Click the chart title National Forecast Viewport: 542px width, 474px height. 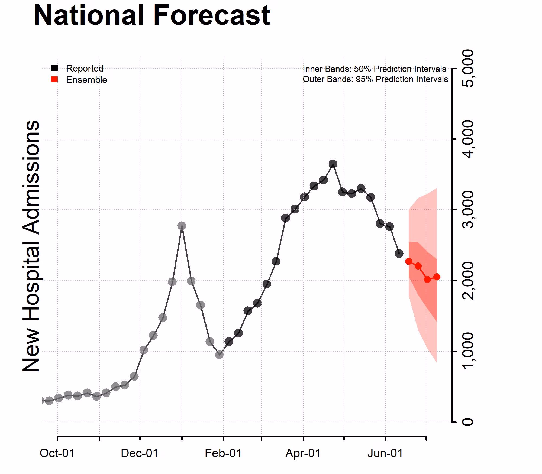click(152, 15)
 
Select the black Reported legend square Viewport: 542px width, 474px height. click(54, 68)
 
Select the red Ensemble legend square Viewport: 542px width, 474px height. click(54, 79)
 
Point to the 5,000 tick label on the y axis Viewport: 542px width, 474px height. click(467, 68)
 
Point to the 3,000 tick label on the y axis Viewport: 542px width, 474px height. click(467, 210)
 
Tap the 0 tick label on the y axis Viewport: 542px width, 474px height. click(467, 422)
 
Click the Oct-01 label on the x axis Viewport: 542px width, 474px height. click(57, 453)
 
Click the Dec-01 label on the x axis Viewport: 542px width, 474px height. click(140, 453)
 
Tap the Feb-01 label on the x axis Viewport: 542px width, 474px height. click(223, 453)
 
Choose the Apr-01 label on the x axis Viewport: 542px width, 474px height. click(303, 453)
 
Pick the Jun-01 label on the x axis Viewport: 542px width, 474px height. click(385, 453)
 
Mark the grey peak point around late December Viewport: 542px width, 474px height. click(182, 226)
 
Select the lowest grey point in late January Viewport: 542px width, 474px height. click(219, 355)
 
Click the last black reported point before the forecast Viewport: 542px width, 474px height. click(399, 254)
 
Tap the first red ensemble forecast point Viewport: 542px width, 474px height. click(409, 261)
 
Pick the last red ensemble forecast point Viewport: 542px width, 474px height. click(437, 277)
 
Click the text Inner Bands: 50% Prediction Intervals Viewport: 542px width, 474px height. click(374, 69)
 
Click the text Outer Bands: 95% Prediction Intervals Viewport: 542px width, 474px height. click(375, 79)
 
